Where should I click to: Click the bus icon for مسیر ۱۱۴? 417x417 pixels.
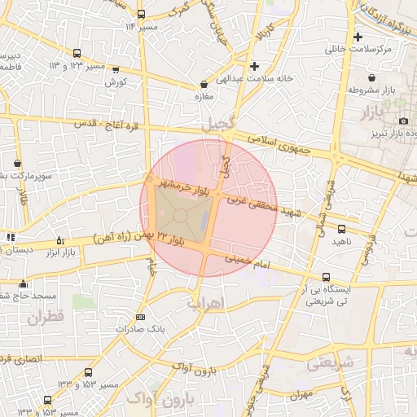(142, 14)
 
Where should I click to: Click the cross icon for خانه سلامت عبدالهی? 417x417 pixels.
(255, 66)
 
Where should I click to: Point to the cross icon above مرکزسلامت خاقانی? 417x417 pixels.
(358, 37)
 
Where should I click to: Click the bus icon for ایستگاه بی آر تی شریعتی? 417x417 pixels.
(327, 277)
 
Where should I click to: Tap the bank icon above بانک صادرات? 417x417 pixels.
(140, 317)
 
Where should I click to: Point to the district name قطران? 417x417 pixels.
(44, 318)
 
